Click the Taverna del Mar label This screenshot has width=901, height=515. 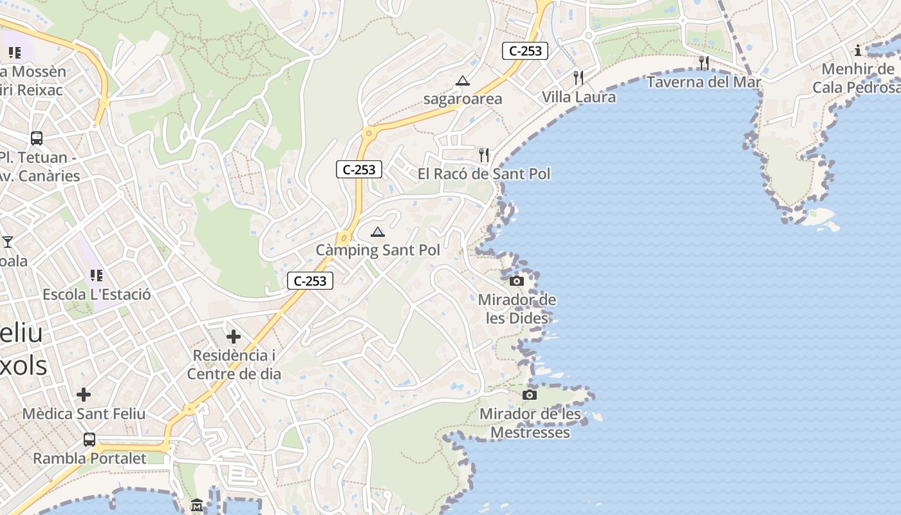[703, 82]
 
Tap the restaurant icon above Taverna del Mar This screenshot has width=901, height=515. [704, 63]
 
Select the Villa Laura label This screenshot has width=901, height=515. [579, 97]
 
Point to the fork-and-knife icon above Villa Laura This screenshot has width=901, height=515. [579, 78]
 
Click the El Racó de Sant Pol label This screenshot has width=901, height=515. [484, 174]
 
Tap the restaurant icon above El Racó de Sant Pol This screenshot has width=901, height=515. [484, 155]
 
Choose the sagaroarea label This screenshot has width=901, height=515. [462, 99]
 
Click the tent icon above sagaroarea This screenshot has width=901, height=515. [462, 81]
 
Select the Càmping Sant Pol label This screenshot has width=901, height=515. [378, 250]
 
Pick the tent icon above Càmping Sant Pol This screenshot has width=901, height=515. [378, 232]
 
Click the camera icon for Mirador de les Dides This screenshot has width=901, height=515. [517, 281]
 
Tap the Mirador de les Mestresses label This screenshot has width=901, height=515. [530, 423]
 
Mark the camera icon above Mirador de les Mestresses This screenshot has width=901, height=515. [530, 395]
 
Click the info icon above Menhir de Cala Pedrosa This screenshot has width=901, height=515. [857, 51]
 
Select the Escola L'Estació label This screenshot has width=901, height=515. [97, 294]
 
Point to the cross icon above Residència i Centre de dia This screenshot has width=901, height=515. [234, 337]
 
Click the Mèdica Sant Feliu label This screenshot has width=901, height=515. [84, 413]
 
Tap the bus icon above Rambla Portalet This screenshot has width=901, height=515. [89, 440]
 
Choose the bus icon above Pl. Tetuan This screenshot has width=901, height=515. [37, 138]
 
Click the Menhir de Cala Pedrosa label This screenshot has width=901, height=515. [857, 78]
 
